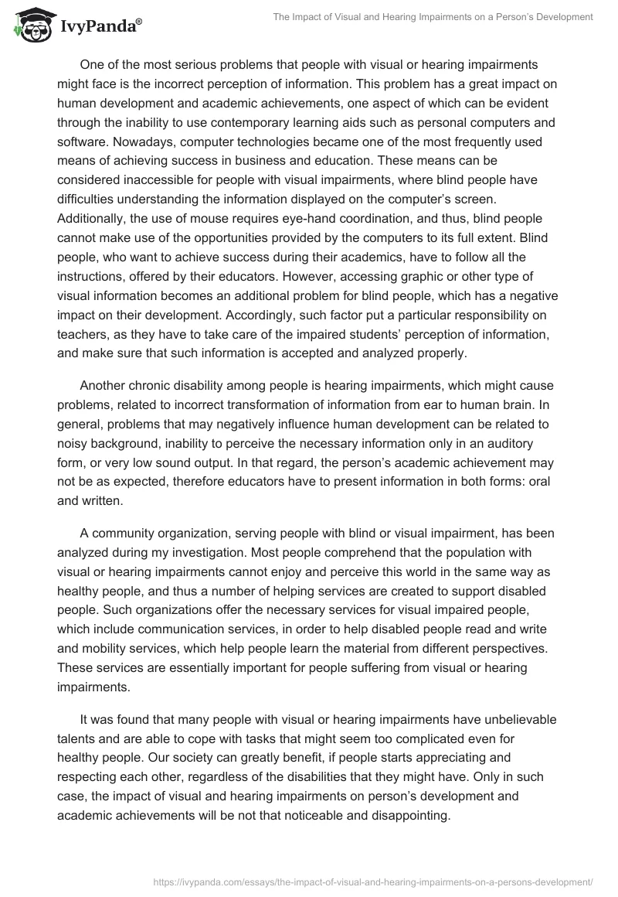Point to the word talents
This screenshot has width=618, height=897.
[x=77, y=738]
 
